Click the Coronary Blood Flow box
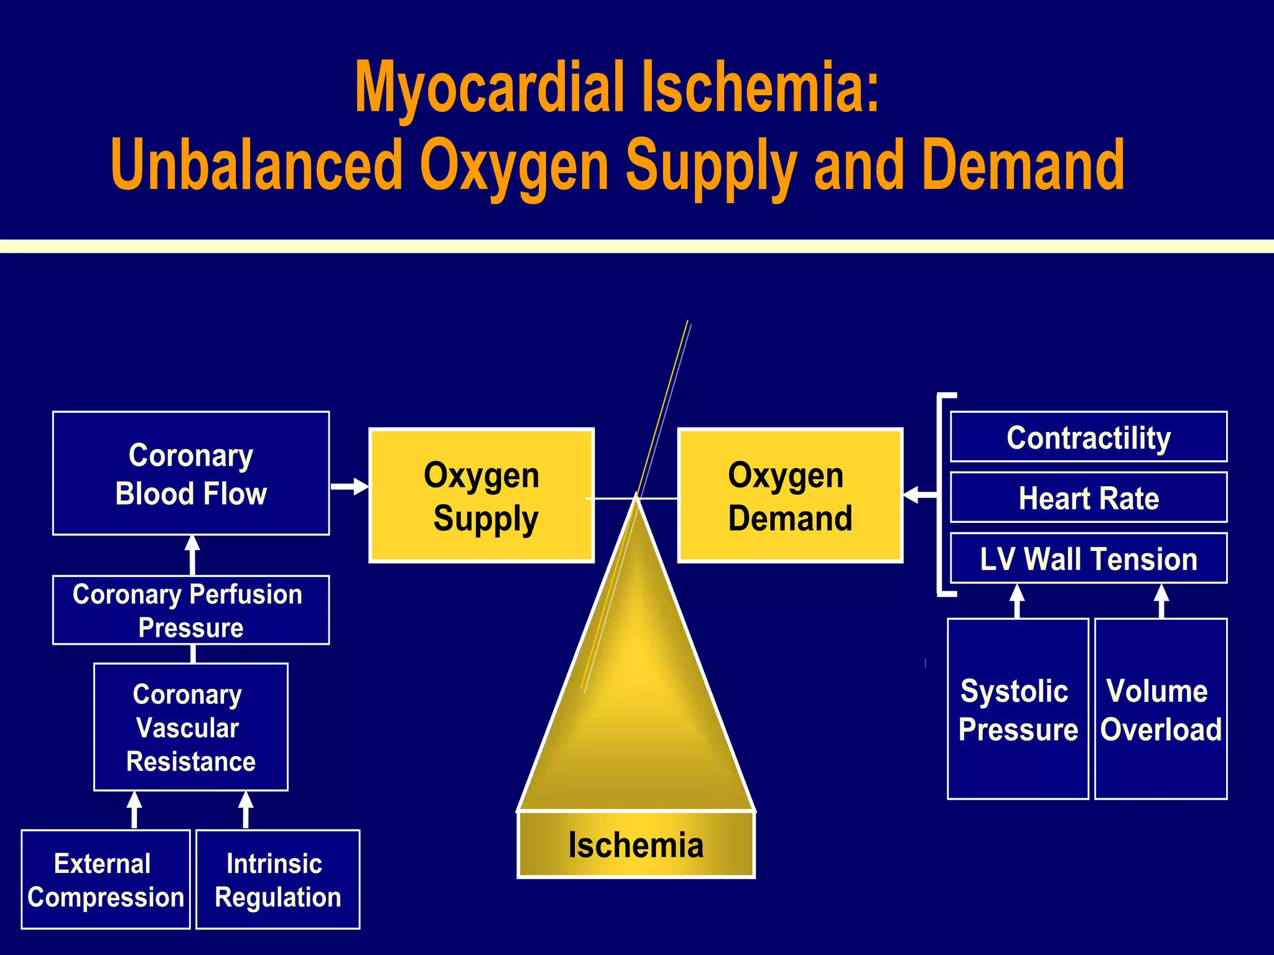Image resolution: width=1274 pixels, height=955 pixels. pos(191,473)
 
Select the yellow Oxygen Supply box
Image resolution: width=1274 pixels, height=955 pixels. pos(481,496)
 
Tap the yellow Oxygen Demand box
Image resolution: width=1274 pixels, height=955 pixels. pos(790,496)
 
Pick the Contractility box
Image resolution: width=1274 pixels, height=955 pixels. pos(1089,437)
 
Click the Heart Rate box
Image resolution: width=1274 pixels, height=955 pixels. pos(1089,497)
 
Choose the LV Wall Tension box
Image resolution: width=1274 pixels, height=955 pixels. pos(1089,558)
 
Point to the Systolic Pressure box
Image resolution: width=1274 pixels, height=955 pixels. pos(1018,709)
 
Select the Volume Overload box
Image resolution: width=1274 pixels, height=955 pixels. pos(1161,709)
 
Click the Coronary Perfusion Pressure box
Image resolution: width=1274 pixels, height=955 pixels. pos(191,610)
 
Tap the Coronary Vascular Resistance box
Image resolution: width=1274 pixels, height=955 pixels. pos(191,727)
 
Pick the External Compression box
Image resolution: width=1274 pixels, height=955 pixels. pos(106,879)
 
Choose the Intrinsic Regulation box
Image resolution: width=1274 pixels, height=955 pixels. pos(278,879)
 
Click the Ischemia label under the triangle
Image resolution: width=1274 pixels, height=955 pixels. pos(636,845)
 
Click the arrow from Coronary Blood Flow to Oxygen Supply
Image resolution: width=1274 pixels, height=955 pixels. pos(350,486)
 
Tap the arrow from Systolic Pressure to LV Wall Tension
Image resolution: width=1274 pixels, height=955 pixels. pos(1017,601)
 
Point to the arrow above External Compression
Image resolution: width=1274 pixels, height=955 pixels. pos(134,810)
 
